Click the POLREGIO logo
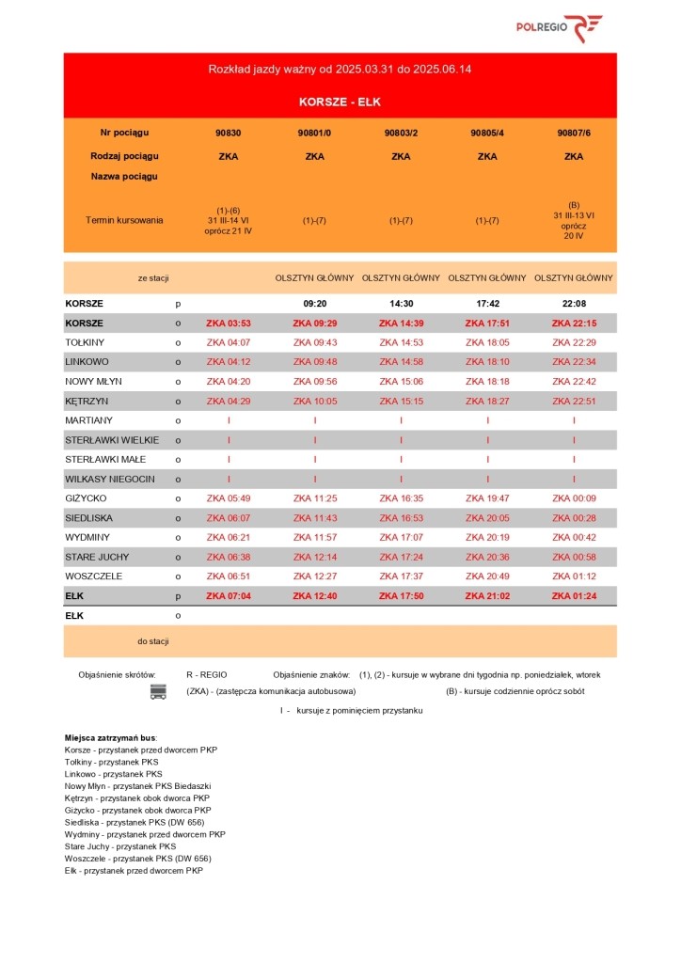click(559, 28)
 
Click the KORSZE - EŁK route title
click(340, 102)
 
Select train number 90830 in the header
click(228, 133)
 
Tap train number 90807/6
click(573, 133)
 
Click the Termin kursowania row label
click(124, 220)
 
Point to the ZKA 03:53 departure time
click(228, 324)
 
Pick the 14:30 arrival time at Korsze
click(401, 304)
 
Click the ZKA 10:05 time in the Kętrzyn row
click(314, 401)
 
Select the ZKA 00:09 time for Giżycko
click(573, 498)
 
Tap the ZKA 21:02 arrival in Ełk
click(487, 595)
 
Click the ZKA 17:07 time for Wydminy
click(401, 537)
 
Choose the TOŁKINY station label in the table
click(85, 342)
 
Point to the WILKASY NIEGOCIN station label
click(109, 479)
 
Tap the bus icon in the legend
click(158, 692)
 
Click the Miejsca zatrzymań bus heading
click(111, 737)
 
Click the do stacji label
click(153, 641)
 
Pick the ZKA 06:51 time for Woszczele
click(228, 576)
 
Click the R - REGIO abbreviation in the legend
click(207, 674)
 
